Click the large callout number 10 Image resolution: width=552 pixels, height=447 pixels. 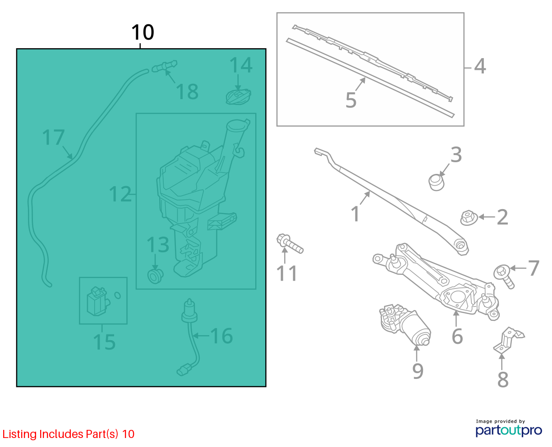point(143,32)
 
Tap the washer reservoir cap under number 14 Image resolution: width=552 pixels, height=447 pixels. point(239,97)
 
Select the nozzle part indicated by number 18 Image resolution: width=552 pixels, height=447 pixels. point(165,66)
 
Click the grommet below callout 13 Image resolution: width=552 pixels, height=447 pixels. point(155,276)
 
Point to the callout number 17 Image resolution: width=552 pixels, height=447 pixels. point(53,137)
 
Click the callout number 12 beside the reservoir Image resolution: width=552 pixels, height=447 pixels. point(120,194)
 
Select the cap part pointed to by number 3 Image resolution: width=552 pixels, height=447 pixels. point(437,182)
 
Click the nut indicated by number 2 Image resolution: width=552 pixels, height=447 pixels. point(469,218)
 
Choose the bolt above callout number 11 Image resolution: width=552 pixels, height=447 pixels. point(290,243)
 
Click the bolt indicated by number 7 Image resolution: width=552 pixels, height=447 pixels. point(504,277)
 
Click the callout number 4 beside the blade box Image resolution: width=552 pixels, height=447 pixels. point(480,66)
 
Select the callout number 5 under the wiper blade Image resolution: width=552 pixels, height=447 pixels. point(351,100)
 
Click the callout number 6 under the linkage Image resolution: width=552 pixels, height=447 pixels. point(457,336)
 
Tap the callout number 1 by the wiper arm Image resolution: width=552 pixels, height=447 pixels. point(355,214)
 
